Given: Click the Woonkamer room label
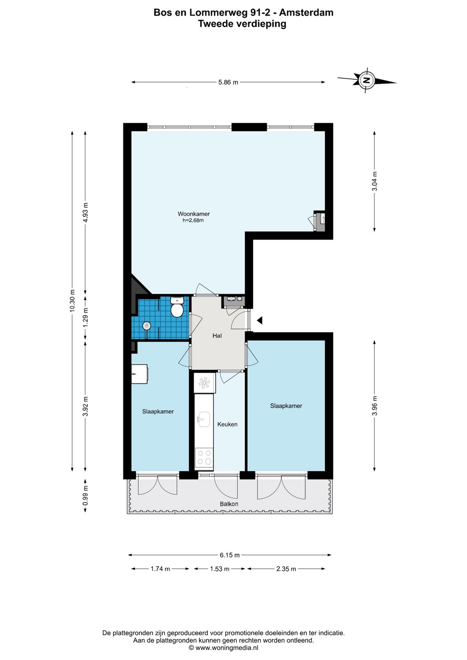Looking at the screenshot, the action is pyautogui.click(x=194, y=214).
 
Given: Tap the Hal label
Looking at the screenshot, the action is pyautogui.click(x=217, y=335).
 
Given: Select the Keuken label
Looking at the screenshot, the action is pyautogui.click(x=228, y=424).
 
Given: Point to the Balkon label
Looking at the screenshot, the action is pyautogui.click(x=229, y=504).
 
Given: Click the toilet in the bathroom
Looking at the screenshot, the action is pyautogui.click(x=177, y=307).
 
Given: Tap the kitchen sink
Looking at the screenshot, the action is pyautogui.click(x=204, y=419).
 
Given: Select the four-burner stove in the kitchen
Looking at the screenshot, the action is pyautogui.click(x=204, y=457).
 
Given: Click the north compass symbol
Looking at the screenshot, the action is pyautogui.click(x=367, y=80).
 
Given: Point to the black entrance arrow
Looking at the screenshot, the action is pyautogui.click(x=260, y=320).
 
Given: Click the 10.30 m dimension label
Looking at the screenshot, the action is pyautogui.click(x=72, y=301).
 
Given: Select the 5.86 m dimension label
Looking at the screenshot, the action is pyautogui.click(x=228, y=82).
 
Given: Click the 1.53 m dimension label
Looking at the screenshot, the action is pyautogui.click(x=220, y=569).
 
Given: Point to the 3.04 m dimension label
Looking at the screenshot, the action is pyautogui.click(x=374, y=181).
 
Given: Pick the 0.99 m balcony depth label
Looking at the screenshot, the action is pyautogui.click(x=85, y=495).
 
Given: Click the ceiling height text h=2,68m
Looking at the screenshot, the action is pyautogui.click(x=193, y=220).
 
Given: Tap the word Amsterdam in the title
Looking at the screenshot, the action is pyautogui.click(x=306, y=12).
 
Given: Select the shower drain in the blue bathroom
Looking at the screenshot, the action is pyautogui.click(x=147, y=326).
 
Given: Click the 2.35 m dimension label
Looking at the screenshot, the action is pyautogui.click(x=286, y=569).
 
